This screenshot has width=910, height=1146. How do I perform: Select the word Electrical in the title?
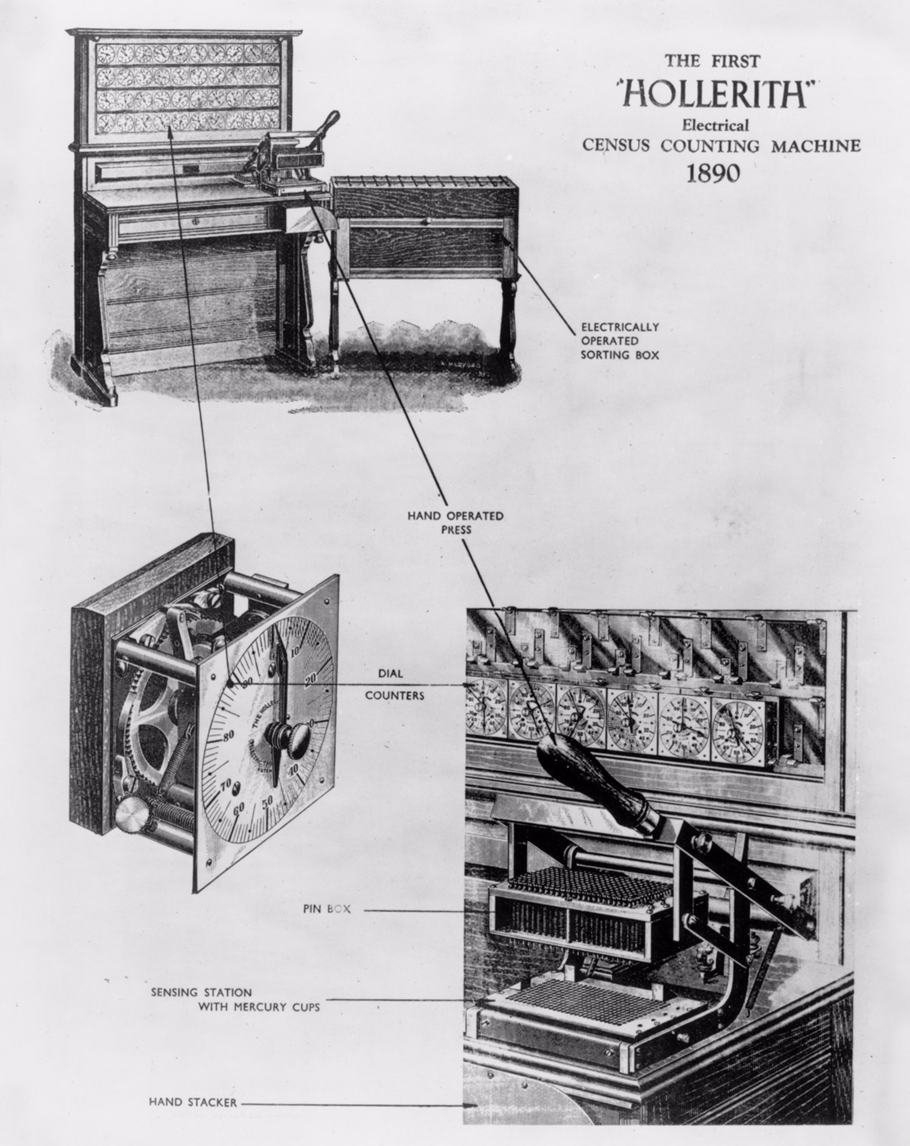tap(716, 126)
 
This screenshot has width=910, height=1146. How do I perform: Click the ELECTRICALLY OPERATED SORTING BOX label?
tap(619, 341)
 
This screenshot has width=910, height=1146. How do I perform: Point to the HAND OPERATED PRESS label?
tap(455, 522)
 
